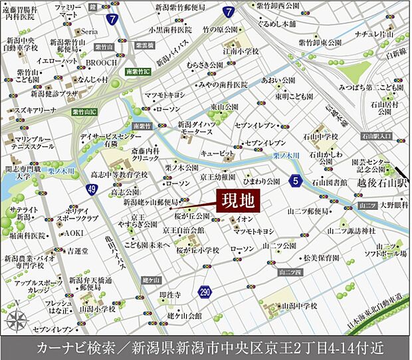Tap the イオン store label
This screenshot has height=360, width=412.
point(244,219)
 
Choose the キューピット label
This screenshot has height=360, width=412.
point(217,153)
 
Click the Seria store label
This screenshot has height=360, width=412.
point(90,31)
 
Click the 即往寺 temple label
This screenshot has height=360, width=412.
point(171,295)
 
